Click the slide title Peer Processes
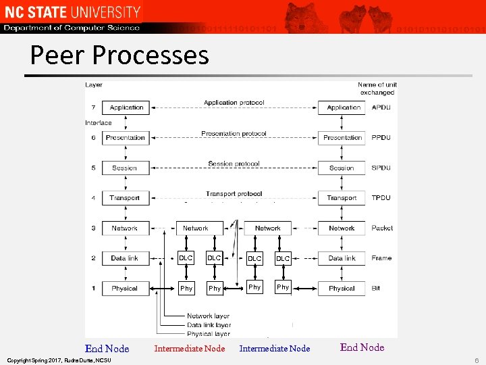(119, 55)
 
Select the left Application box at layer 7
(126, 107)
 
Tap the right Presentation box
(342, 137)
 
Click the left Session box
(124, 168)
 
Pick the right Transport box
(342, 197)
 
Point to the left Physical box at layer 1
(124, 288)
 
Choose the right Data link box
(342, 258)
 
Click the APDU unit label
(381, 107)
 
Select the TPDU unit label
(381, 197)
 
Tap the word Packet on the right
(382, 228)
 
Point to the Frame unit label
(381, 258)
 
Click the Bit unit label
(375, 288)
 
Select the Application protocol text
(234, 103)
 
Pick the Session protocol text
(234, 164)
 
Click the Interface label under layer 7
(99, 122)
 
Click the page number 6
(476, 361)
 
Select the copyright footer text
(58, 360)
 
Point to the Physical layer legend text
(209, 334)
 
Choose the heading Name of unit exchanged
(377, 89)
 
